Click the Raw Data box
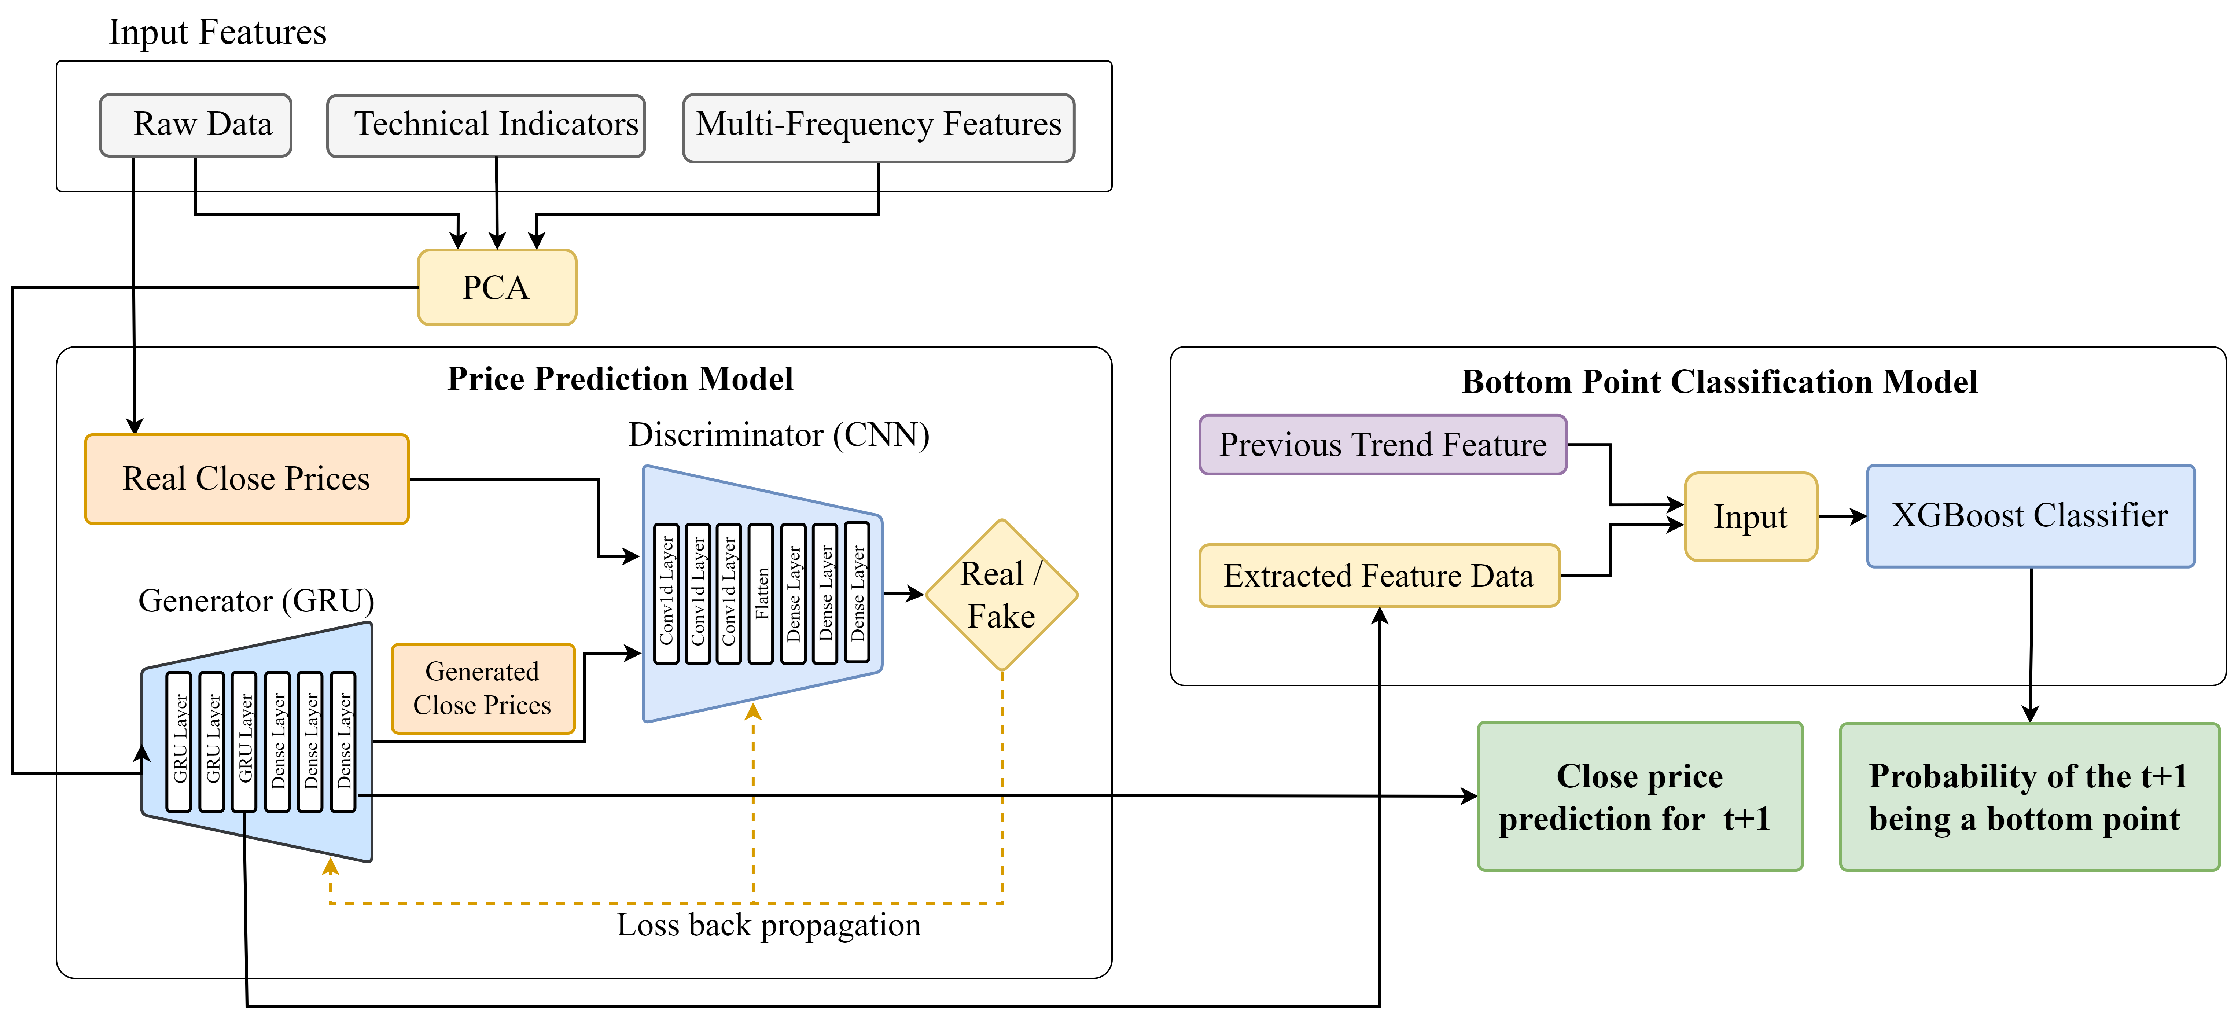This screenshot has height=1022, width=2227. coord(195,125)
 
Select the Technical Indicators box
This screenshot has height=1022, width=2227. coord(486,125)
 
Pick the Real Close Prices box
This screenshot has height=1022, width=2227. coord(246,479)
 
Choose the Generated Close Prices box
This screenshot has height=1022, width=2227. coord(482,688)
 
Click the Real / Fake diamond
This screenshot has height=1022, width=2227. coord(1001,595)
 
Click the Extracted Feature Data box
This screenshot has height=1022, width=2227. coord(1379,576)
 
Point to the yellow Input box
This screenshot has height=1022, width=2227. coord(1751,517)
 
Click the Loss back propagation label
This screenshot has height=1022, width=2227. coord(769,925)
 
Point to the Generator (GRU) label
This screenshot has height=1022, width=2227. coord(256,601)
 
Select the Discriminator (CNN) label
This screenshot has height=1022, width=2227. coord(778,435)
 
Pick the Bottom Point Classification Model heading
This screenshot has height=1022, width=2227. coord(1719,382)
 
